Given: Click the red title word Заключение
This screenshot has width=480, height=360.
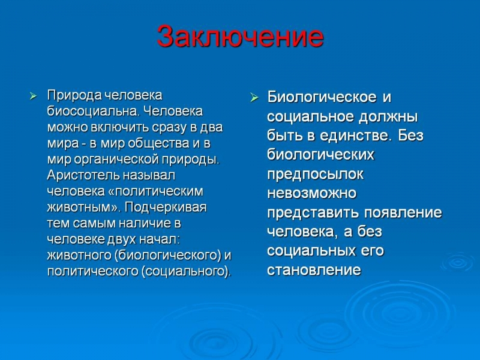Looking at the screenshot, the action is click(x=240, y=37).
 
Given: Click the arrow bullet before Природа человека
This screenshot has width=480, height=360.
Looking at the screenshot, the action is click(x=33, y=97).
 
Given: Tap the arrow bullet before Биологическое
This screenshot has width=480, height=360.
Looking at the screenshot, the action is click(x=254, y=98).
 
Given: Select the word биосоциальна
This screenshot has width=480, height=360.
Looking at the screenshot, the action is click(x=92, y=111).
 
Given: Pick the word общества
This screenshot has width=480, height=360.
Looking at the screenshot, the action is click(x=158, y=143).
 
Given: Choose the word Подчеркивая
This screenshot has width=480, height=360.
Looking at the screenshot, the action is click(x=166, y=208).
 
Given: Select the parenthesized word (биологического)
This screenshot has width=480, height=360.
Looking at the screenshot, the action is click(x=168, y=256).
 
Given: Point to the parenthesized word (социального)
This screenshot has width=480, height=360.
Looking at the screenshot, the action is click(x=185, y=271).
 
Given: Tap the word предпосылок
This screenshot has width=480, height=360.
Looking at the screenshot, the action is click(x=316, y=175).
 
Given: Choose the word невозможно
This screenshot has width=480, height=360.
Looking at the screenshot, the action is click(x=312, y=193).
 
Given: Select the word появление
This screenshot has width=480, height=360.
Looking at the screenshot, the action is click(x=403, y=213).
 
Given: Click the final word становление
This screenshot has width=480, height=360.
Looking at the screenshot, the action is click(x=314, y=270).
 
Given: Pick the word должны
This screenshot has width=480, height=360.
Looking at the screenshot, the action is click(x=388, y=117).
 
